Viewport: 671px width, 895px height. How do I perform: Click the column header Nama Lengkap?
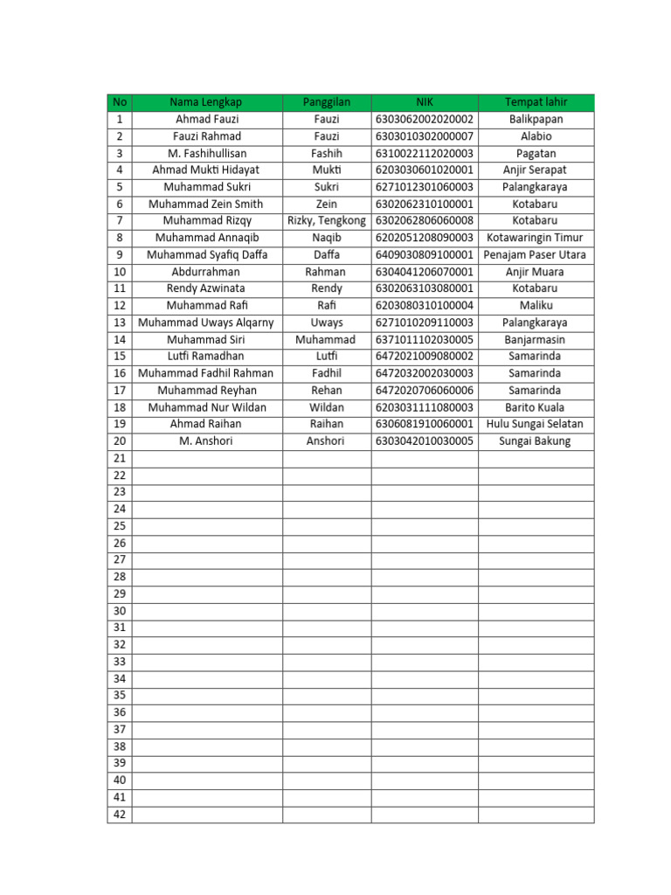pos(206,102)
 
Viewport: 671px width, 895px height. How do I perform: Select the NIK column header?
pos(424,102)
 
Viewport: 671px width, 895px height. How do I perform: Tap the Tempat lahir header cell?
pos(536,102)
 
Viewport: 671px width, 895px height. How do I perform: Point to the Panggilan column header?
pos(326,102)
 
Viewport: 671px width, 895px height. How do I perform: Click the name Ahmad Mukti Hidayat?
pos(206,170)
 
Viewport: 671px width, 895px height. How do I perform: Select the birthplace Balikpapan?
pos(536,119)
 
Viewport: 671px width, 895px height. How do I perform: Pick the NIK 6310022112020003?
pos(424,153)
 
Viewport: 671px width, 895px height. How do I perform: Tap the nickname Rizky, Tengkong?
pos(326,221)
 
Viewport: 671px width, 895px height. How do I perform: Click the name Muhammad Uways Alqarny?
pos(206,323)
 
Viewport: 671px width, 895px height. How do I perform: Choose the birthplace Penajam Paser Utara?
pos(536,254)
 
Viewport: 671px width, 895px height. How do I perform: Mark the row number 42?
pos(120,815)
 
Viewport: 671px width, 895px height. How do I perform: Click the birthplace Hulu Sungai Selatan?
pos(536,424)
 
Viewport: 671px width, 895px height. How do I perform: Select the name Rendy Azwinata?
pos(206,288)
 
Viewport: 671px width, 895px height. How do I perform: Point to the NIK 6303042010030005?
pos(424,441)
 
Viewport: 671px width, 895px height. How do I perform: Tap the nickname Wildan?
pos(326,407)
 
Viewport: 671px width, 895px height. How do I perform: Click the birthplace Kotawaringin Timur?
pos(536,238)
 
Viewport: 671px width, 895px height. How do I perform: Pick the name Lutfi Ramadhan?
pos(206,357)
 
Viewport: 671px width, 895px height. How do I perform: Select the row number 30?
pos(120,611)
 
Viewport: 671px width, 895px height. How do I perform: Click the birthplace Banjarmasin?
pos(536,339)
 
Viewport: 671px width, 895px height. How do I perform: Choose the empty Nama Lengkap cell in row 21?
pos(206,458)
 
